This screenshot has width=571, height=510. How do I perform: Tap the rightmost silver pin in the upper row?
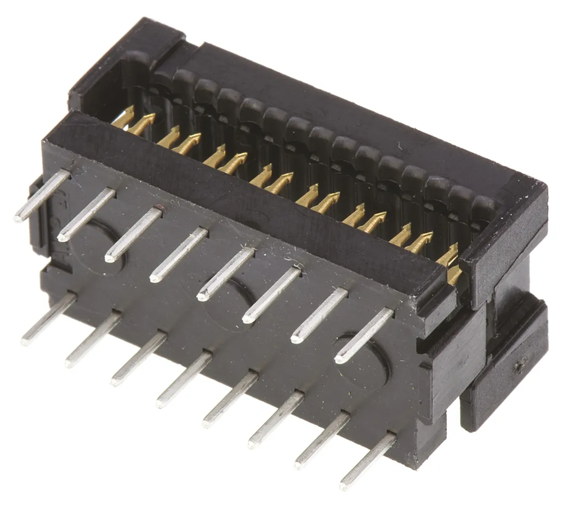tap(364, 335)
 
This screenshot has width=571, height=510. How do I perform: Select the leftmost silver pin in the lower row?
tap(49, 319)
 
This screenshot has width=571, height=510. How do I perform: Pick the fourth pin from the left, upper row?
tap(179, 254)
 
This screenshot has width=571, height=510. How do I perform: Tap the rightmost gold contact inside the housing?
tap(454, 275)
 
